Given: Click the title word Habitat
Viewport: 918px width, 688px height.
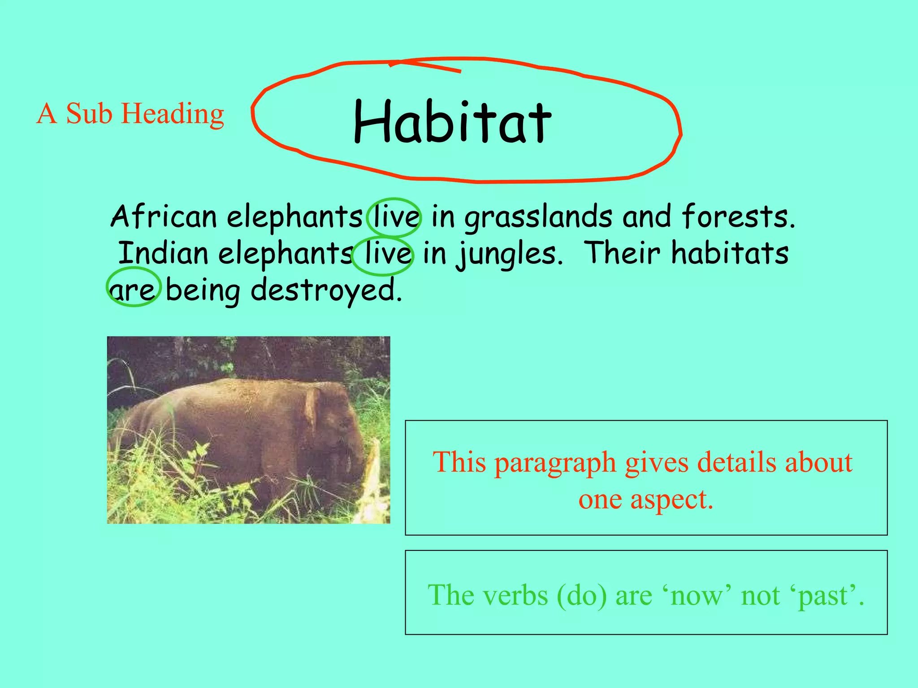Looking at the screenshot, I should point(452,122).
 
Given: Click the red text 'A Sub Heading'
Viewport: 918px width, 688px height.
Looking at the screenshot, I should point(130,114).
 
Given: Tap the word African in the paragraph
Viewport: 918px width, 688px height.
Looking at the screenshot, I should point(164,217).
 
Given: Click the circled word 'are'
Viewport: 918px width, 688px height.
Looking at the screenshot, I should point(133,290).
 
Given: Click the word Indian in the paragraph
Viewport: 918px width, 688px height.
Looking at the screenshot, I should point(164,254).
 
